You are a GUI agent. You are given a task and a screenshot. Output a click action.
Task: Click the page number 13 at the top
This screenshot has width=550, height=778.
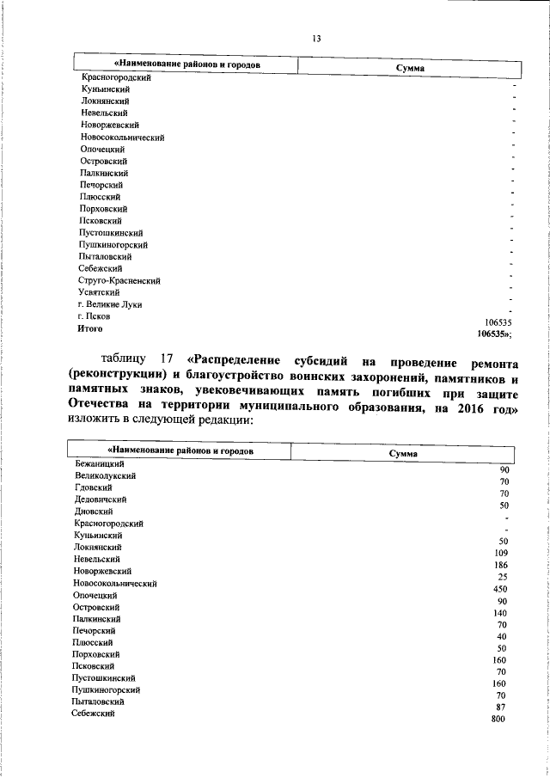pos(316,38)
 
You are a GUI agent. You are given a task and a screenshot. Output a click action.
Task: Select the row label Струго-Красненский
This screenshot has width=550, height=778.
pos(119,280)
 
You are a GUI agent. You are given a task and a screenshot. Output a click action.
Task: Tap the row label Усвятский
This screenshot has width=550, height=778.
pos(101,292)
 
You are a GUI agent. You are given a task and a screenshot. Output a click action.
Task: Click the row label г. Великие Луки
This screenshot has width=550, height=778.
pos(110,304)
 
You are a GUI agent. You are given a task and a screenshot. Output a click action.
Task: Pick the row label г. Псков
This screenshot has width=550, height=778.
pos(94,316)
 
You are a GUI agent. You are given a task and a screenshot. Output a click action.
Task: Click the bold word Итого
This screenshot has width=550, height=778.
pos(90,328)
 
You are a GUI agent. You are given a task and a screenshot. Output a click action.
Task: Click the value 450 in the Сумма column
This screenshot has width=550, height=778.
pos(498,589)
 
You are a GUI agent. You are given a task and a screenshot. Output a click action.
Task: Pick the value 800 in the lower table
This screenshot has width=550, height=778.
pos(498,719)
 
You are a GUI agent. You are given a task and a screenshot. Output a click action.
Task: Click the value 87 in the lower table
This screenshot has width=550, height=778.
pos(504,707)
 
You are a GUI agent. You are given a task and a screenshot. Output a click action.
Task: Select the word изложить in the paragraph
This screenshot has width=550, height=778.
pos(95,423)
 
